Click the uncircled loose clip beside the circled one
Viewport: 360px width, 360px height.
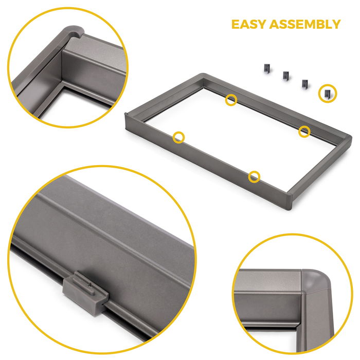(x=305, y=83)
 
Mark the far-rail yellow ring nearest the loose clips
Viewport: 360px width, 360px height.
(x=305, y=131)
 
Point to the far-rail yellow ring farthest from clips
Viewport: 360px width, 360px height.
(x=231, y=100)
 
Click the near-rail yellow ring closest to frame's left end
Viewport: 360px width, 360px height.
(x=178, y=137)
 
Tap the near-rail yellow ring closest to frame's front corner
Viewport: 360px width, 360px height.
(x=254, y=177)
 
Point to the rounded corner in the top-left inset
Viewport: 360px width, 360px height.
(x=72, y=36)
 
